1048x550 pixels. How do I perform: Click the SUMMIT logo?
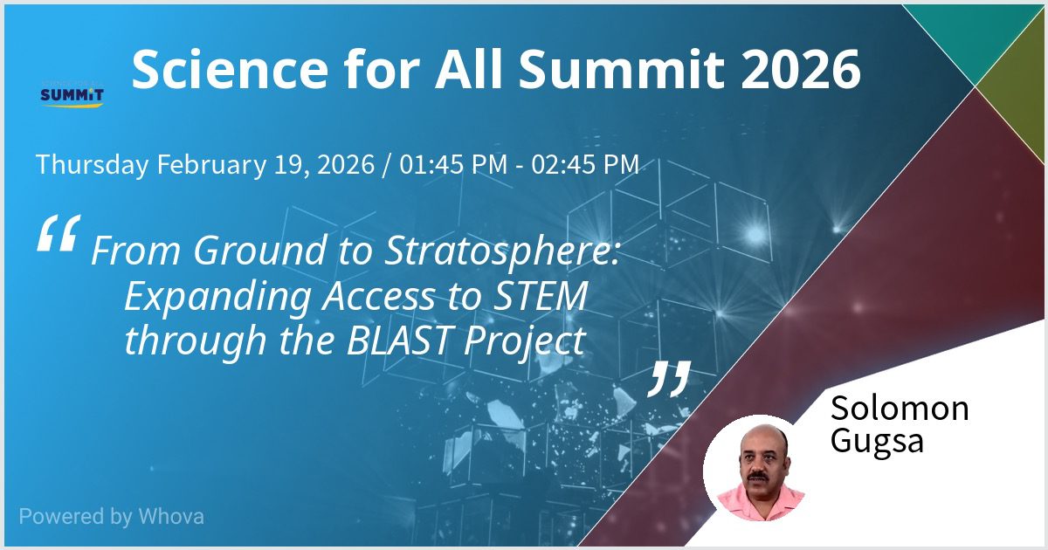coord(72,96)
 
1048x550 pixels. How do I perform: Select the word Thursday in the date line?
coord(93,165)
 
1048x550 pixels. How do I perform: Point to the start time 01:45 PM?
coord(453,165)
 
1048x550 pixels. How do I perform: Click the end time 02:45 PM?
coord(585,165)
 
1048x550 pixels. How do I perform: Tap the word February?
coord(211,165)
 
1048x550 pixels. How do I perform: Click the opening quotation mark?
coord(59,233)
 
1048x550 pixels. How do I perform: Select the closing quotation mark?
coord(670,379)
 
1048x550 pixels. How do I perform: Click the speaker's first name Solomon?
coord(900,409)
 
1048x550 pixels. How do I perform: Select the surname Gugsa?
coord(877,442)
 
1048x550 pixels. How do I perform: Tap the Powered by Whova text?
coord(112,517)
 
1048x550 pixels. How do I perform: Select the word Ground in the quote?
coord(259,251)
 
